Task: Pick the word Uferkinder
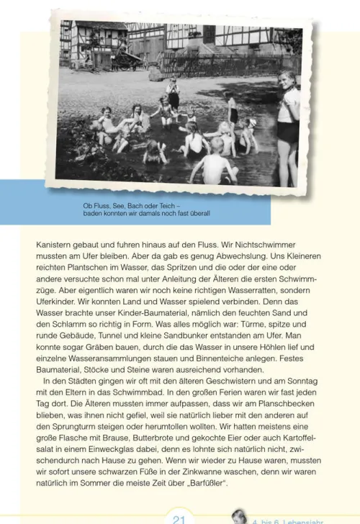tap(60, 302)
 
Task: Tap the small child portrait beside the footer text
tap(239, 515)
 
